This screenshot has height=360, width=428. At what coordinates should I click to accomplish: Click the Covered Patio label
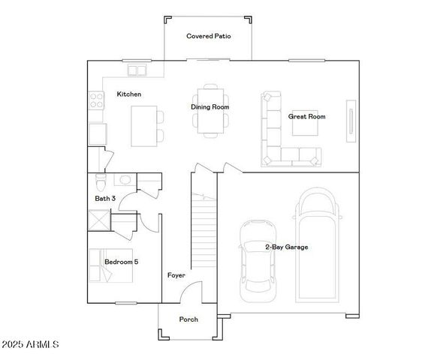coord(208,35)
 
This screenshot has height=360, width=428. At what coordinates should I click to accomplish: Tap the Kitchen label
coord(129,94)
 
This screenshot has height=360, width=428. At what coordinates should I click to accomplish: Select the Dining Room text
coord(209,107)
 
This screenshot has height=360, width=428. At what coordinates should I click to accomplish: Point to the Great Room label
coord(306,116)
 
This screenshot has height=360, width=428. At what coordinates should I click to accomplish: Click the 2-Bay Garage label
coord(286,247)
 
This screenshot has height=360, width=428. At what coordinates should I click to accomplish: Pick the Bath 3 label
coord(105,198)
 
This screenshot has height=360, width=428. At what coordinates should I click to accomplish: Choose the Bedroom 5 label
coord(121,262)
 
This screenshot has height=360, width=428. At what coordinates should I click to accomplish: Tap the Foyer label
coord(175,275)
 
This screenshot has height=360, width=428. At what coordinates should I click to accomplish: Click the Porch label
coord(188,319)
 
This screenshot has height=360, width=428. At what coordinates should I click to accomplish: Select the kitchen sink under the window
coord(137,70)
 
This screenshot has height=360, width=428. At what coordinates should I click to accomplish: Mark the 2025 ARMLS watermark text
coord(30,344)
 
